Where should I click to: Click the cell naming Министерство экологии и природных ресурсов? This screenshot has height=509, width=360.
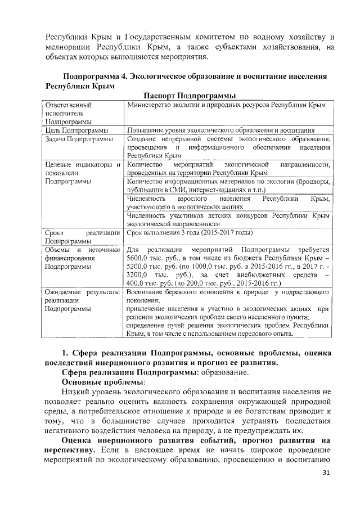pyautogui.click(x=226, y=105)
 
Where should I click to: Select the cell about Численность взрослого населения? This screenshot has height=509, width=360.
pyautogui.click(x=227, y=203)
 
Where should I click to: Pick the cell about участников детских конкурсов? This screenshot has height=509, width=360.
pyautogui.click(x=227, y=219)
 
